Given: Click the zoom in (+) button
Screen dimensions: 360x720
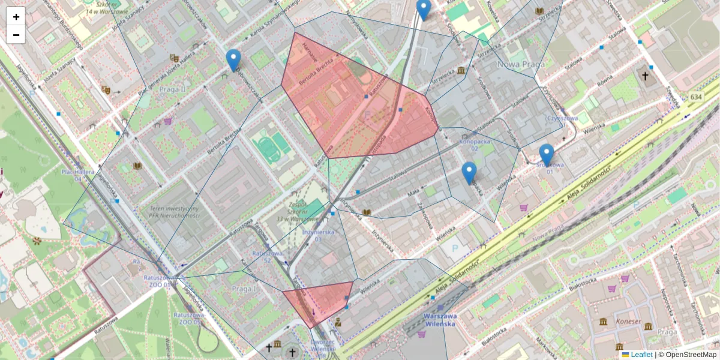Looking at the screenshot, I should (16, 17).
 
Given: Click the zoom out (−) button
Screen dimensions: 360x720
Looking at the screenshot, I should (16, 35).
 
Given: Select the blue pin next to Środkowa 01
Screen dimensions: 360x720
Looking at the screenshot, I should (546, 154).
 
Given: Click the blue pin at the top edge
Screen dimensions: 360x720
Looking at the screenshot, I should (424, 8).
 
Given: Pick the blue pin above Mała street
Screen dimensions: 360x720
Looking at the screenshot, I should (469, 172).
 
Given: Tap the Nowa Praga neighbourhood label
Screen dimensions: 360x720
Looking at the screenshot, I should (521, 64).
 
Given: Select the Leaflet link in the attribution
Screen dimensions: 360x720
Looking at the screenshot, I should (641, 355).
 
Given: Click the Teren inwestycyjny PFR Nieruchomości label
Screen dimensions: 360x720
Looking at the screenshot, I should (173, 212).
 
